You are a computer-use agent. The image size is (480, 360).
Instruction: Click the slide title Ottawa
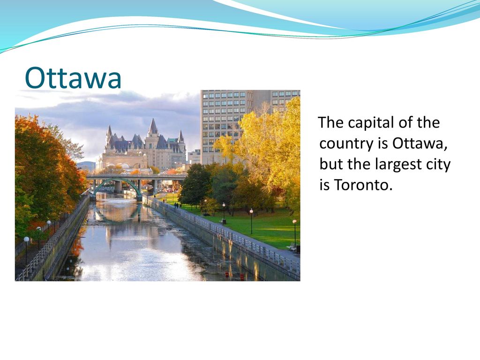coord(73,78)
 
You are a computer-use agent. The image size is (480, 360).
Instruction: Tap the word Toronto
coord(363,185)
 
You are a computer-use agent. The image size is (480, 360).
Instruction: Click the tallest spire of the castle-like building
coord(153,127)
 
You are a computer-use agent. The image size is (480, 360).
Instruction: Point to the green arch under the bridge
coord(118,184)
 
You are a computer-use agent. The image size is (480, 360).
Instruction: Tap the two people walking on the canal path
coord(177,205)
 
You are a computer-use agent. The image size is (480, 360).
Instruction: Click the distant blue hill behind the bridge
coord(86,165)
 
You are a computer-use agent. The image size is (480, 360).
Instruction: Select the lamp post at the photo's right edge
coord(294,232)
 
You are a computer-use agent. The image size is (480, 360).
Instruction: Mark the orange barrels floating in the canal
coord(234,275)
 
